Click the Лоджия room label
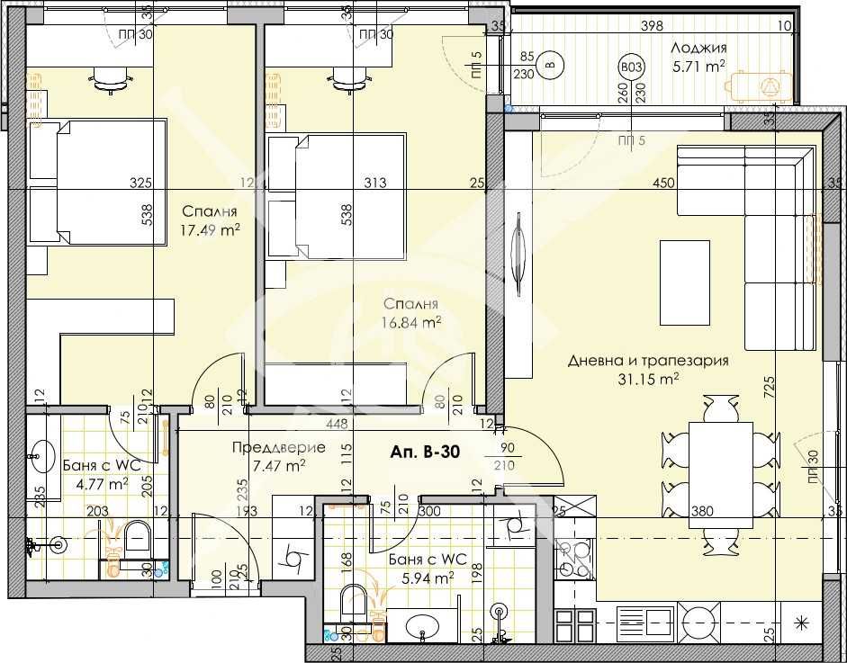click(698, 49)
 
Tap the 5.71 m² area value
click(698, 65)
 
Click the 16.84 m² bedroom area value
click(411, 320)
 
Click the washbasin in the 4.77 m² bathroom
click(41, 453)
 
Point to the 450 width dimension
click(663, 184)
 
